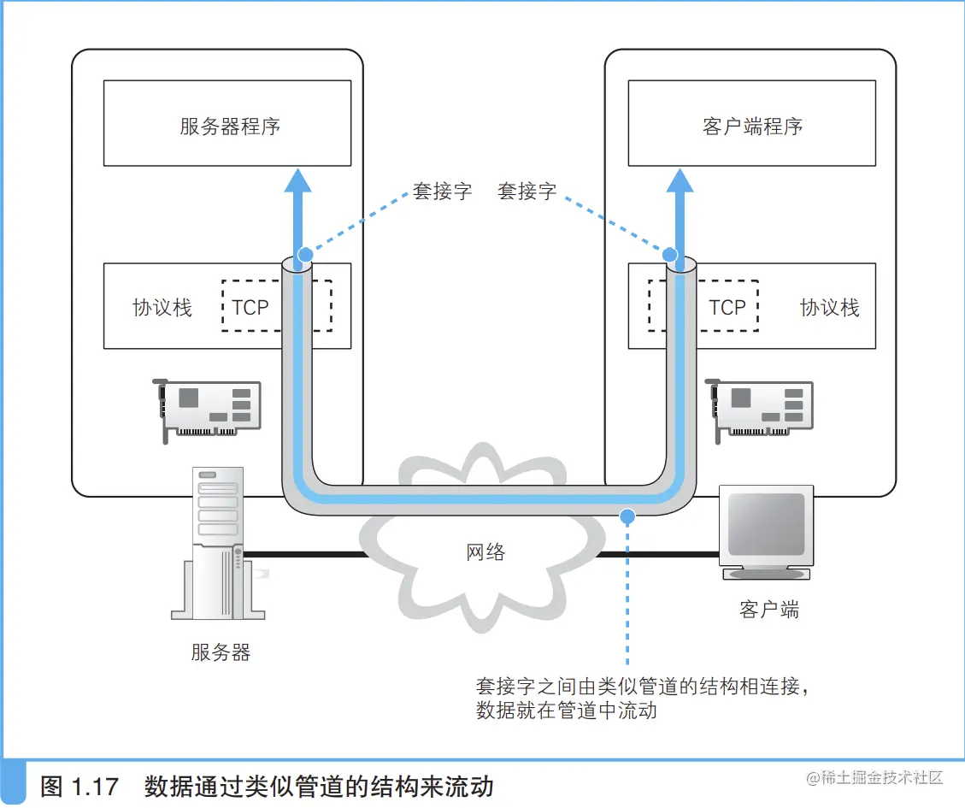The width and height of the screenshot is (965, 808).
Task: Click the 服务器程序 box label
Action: pos(230,127)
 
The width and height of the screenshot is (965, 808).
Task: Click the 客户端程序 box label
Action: pos(752,127)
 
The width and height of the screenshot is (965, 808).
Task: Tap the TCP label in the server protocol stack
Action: pos(250,308)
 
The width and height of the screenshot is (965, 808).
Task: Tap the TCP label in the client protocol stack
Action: pos(727,308)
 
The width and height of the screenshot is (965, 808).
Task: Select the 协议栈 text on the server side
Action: pos(162,308)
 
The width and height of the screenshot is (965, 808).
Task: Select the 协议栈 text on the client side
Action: pos(829,308)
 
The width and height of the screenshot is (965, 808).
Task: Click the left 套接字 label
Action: pos(442,192)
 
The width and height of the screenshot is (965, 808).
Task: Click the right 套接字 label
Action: pos(527,192)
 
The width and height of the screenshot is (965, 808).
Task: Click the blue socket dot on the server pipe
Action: pos(304,254)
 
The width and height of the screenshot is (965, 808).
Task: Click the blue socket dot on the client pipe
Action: pos(671,254)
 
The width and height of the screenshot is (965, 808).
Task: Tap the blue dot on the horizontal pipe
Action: pos(627,516)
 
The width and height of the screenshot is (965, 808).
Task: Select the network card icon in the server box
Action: pos(209,409)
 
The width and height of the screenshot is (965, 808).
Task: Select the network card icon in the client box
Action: pos(762,409)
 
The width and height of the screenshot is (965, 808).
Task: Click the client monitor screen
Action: pos(766,524)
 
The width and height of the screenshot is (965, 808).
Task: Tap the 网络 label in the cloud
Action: pos(485,551)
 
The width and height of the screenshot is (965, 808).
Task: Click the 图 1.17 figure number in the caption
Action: pos(79,786)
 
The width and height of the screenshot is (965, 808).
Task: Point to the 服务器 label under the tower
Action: pos(221,652)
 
